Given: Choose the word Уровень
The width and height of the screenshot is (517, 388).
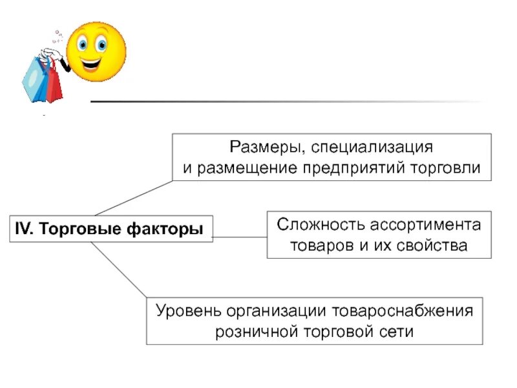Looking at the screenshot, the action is (x=187, y=310).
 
